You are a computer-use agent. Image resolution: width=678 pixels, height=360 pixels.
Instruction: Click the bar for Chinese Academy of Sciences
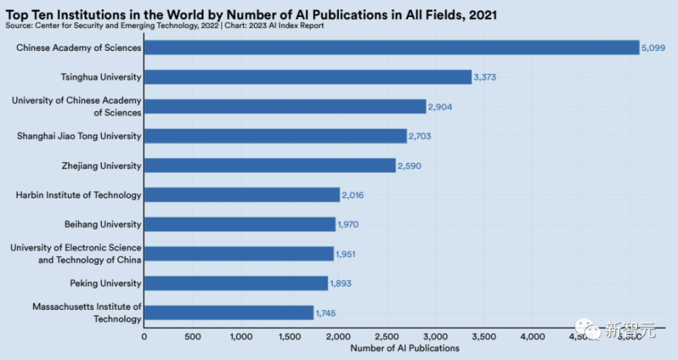coord(391,47)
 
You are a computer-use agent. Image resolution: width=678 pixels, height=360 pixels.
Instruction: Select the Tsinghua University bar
coord(308,77)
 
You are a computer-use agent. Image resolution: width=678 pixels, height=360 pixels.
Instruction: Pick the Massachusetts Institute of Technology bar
coord(229,313)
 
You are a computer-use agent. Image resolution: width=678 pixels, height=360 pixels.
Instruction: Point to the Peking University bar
coord(236,283)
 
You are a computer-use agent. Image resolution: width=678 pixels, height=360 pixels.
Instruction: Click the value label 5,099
coord(653,47)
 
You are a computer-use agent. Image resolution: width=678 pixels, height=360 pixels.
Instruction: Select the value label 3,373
coord(484,77)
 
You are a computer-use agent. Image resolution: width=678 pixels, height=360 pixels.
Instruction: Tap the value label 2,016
coord(352,195)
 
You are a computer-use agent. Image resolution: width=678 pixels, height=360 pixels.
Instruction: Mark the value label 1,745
coord(326,313)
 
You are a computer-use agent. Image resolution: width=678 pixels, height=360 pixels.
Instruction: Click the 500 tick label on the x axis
coord(192,337)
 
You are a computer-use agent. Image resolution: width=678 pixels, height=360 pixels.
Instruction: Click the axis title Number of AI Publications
coord(405,348)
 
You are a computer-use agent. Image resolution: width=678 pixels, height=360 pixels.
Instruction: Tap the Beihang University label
coord(102,224)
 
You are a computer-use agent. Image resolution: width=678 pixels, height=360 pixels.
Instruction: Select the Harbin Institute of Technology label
coord(78,195)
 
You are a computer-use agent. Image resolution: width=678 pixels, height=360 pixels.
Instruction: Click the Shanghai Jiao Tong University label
coord(79,136)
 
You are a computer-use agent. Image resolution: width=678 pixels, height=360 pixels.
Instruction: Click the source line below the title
coord(165,25)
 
